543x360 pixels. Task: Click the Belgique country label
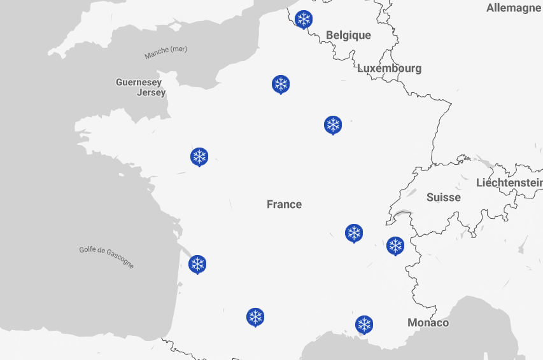click(x=348, y=35)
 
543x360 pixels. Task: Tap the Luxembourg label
click(x=389, y=68)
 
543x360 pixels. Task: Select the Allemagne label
click(x=513, y=8)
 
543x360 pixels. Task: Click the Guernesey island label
click(x=138, y=82)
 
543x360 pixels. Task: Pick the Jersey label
click(x=151, y=92)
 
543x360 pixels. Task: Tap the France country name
click(x=284, y=204)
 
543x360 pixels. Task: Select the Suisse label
click(x=443, y=197)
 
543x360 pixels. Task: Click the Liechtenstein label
click(x=509, y=183)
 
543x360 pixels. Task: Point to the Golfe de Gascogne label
click(x=107, y=256)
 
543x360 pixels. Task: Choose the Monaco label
click(x=428, y=322)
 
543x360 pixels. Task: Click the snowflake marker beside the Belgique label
click(x=304, y=19)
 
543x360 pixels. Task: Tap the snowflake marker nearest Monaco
click(x=364, y=324)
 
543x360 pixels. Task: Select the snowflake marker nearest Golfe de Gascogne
click(x=197, y=263)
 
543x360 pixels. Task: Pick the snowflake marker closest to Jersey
click(x=199, y=156)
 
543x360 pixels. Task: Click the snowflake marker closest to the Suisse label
click(x=395, y=246)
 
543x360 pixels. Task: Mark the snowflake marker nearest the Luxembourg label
click(x=333, y=125)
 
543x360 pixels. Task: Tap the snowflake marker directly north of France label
click(x=281, y=84)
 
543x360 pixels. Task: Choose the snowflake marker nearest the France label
click(x=354, y=233)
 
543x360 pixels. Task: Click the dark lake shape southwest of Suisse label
click(x=402, y=214)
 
